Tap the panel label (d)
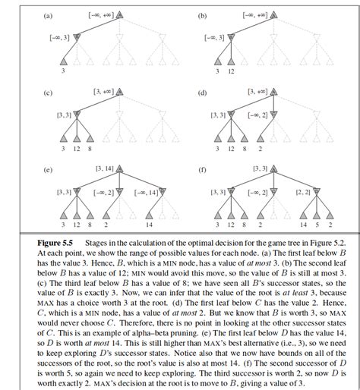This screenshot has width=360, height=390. (202, 93)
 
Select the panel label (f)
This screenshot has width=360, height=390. (202, 169)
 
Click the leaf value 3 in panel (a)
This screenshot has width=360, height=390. (65, 71)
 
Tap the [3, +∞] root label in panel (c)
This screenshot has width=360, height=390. (103, 92)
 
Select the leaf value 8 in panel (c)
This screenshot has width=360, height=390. (90, 149)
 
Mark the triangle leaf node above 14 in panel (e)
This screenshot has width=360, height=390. (149, 214)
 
